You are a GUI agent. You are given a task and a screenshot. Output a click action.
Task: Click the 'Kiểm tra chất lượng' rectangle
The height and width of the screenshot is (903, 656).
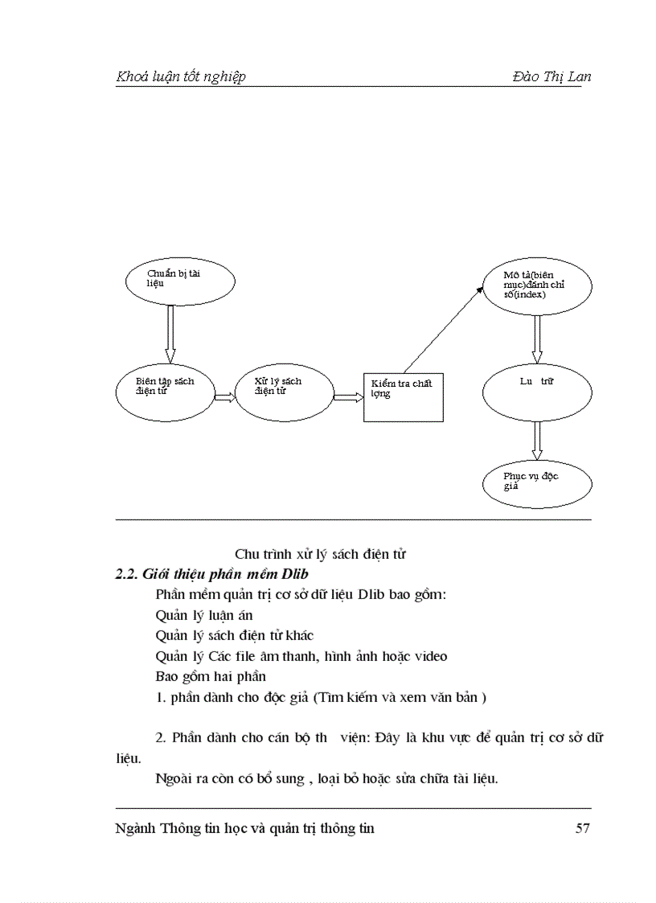pos(403,397)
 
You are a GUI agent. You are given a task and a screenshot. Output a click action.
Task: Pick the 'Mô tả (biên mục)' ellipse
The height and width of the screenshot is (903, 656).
pos(536,287)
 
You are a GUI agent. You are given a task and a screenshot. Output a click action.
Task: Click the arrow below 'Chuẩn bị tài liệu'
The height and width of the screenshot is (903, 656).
pos(170,334)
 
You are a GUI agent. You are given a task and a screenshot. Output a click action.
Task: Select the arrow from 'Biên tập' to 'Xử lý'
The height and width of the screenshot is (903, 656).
pos(224,396)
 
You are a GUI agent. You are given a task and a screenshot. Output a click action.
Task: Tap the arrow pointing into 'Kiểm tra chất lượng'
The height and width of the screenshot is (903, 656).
pos(347,396)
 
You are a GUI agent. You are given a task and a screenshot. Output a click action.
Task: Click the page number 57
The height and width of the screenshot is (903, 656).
pos(583,828)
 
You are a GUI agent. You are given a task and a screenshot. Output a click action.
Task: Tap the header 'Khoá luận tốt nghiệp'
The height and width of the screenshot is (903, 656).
pos(181,76)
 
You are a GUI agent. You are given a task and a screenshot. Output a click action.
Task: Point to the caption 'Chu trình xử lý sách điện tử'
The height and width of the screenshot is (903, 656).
pos(320,554)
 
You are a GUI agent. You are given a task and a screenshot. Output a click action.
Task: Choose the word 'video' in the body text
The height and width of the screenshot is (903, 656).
pos(430,656)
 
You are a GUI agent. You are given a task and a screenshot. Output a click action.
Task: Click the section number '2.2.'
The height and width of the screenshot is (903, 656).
pos(127,575)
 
